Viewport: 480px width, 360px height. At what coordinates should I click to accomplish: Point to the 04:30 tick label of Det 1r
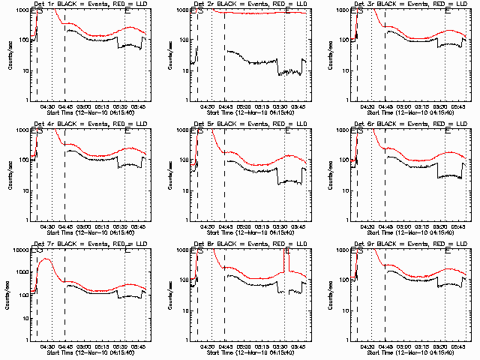[47, 106]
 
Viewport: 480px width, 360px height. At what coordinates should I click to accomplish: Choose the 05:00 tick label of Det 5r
[244, 226]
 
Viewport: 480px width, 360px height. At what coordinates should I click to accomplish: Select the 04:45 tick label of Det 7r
[65, 346]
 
